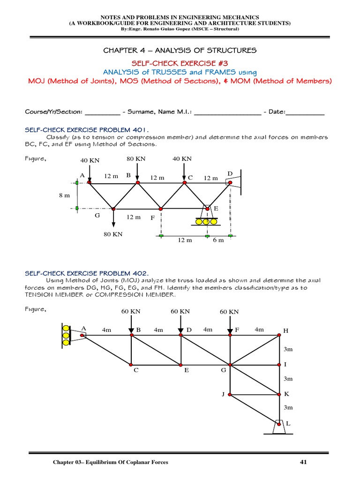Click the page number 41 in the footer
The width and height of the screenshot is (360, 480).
click(303, 463)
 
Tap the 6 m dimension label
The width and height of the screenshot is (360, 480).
click(218, 240)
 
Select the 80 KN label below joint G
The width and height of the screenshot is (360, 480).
click(113, 234)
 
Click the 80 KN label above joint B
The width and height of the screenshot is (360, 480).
click(136, 159)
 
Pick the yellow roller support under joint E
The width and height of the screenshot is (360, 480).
click(206, 221)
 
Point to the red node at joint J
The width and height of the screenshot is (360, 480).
click(230, 395)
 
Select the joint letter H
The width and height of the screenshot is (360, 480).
click(285, 331)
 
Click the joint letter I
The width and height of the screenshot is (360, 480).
click(285, 364)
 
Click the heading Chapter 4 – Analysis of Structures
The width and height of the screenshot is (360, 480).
click(180, 50)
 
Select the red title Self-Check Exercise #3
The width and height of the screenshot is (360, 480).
click(180, 63)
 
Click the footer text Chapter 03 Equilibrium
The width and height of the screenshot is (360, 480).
click(110, 463)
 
